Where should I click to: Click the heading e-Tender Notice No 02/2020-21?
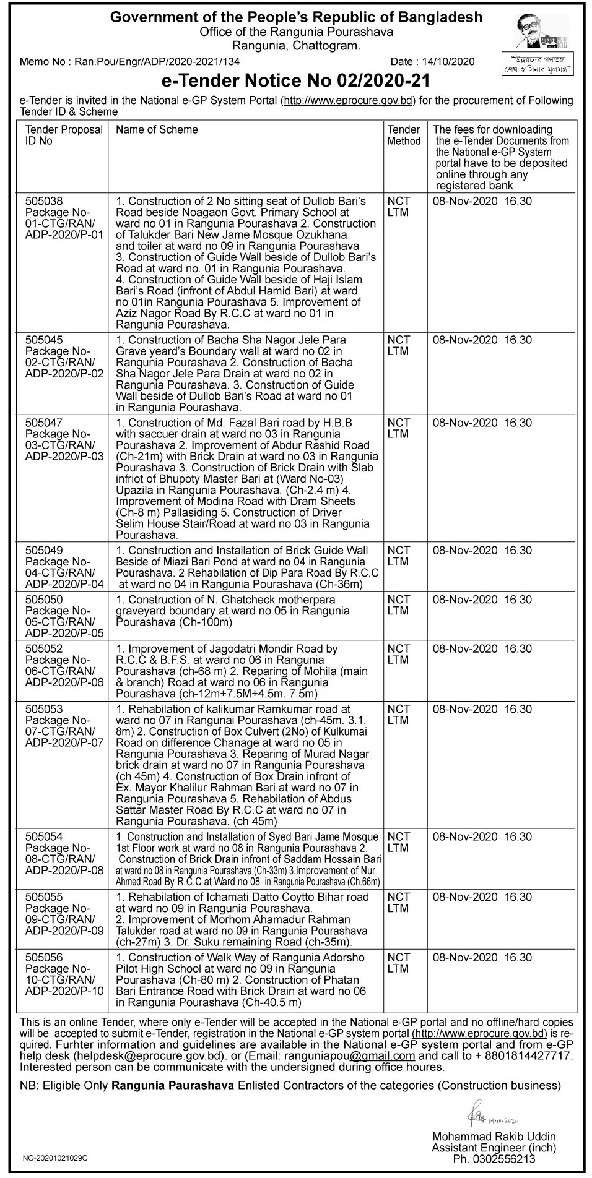click(x=295, y=81)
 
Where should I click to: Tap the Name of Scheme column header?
click(x=157, y=130)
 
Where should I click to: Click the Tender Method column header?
click(x=404, y=135)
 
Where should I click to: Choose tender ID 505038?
click(x=44, y=201)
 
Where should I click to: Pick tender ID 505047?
click(x=44, y=423)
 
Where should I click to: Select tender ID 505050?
click(x=44, y=600)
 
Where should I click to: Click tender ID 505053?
click(x=44, y=709)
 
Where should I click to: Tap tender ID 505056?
click(x=44, y=957)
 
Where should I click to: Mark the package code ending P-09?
click(x=64, y=931)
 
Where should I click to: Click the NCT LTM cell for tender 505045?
click(x=399, y=346)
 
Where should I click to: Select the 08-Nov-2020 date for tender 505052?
click(x=465, y=649)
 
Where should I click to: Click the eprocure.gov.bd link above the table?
click(x=348, y=101)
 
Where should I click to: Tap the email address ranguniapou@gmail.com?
click(x=359, y=1056)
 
